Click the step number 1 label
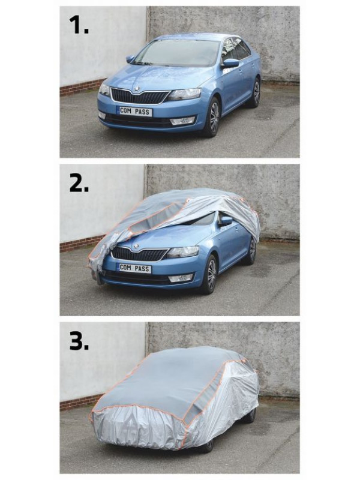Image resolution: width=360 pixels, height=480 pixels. pyautogui.click(x=79, y=25)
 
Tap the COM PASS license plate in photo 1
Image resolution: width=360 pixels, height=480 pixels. pyautogui.click(x=134, y=112)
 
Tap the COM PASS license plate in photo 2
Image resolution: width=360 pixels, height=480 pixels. pyautogui.click(x=134, y=268)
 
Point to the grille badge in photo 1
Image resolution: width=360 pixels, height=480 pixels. pyautogui.click(x=136, y=89)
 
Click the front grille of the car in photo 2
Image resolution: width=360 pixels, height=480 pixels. pyautogui.click(x=139, y=254)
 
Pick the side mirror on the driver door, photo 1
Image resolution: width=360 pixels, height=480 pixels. pyautogui.click(x=231, y=63)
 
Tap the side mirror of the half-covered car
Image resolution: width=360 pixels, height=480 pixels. pyautogui.click(x=226, y=221)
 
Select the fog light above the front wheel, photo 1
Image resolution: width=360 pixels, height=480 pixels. pyautogui.click(x=182, y=121)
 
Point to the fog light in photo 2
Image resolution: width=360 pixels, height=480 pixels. pyautogui.click(x=181, y=278)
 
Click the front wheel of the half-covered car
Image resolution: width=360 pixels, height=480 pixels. pyautogui.click(x=211, y=274)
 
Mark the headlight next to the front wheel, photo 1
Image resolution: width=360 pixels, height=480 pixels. pyautogui.click(x=185, y=94)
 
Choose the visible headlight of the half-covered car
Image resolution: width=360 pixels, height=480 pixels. pyautogui.click(x=183, y=251)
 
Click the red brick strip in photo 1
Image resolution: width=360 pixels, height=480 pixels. pyautogui.click(x=82, y=87)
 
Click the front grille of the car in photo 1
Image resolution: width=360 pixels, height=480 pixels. pyautogui.click(x=140, y=97)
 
